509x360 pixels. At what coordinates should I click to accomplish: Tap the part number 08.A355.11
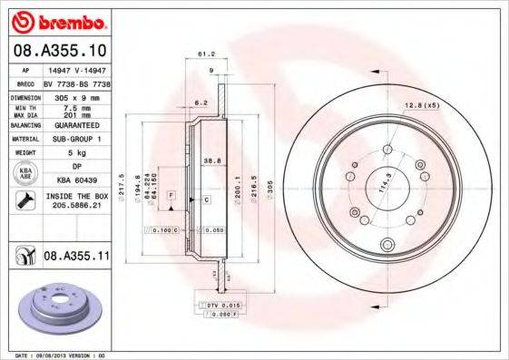coord(77,258)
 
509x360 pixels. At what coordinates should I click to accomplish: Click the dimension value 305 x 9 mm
coord(75,95)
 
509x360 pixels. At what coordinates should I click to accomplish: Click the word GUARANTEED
coord(75,126)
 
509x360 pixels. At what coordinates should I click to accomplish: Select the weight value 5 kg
coord(75,152)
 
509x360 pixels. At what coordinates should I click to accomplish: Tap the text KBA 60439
coord(75,180)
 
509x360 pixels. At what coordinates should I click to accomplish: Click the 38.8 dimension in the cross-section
coord(210,159)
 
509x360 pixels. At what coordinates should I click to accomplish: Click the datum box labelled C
coord(207,199)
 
